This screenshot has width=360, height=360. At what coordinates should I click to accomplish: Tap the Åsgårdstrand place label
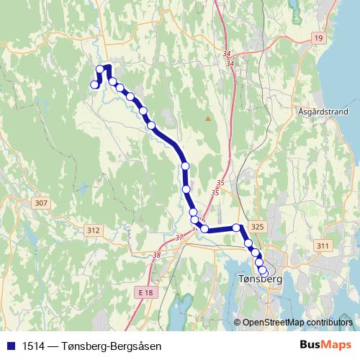pyautogui.click(x=322, y=112)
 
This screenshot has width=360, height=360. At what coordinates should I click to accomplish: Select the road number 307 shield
pyautogui.click(x=41, y=204)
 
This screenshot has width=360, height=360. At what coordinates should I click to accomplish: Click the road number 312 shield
pyautogui.click(x=93, y=230)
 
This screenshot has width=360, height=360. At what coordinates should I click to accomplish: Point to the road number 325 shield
pyautogui.click(x=259, y=227)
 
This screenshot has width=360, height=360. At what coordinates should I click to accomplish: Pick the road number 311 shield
pyautogui.click(x=322, y=246)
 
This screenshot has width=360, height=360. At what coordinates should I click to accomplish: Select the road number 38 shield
pyautogui.click(x=157, y=254)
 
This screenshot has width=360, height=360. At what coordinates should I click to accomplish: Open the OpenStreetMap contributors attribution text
pyautogui.click(x=297, y=322)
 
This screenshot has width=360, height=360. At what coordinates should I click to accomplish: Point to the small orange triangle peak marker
pyautogui.click(x=208, y=118)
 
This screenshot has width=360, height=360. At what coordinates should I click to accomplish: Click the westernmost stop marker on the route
pyautogui.click(x=94, y=85)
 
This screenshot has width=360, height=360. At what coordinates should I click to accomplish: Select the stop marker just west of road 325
pyautogui.click(x=236, y=228)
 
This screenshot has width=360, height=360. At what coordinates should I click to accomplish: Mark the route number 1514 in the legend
pyautogui.click(x=31, y=345)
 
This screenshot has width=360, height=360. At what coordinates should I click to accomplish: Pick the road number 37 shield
pyautogui.click(x=179, y=235)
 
